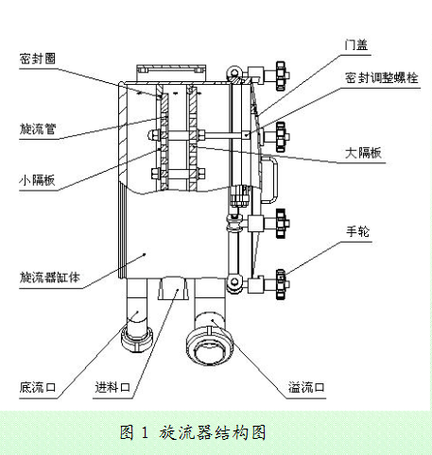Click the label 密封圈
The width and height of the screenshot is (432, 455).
click(38, 59)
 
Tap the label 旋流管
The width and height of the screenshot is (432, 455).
click(38, 128)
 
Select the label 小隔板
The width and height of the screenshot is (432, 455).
click(37, 180)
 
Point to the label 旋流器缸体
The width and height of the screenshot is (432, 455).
click(50, 278)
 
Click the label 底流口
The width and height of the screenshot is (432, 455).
click(38, 387)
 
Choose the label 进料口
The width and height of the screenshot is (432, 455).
click(112, 387)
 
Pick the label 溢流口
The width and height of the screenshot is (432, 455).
click(306, 387)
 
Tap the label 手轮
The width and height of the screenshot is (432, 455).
click(357, 231)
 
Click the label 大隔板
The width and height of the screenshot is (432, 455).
click(363, 153)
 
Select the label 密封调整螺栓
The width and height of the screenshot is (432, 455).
click(382, 77)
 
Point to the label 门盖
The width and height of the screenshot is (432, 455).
click(356, 44)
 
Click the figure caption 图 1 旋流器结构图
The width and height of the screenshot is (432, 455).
click(193, 432)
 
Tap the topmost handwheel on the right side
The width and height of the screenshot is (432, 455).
click(281, 76)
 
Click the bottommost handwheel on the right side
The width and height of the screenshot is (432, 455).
click(281, 284)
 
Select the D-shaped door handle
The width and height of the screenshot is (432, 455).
click(270, 179)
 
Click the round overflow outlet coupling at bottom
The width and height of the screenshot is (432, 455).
click(210, 346)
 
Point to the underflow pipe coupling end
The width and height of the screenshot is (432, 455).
click(136, 339)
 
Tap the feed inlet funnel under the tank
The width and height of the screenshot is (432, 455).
click(173, 288)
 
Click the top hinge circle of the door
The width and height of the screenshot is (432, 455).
click(233, 73)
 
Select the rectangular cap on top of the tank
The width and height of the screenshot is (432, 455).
click(171, 73)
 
